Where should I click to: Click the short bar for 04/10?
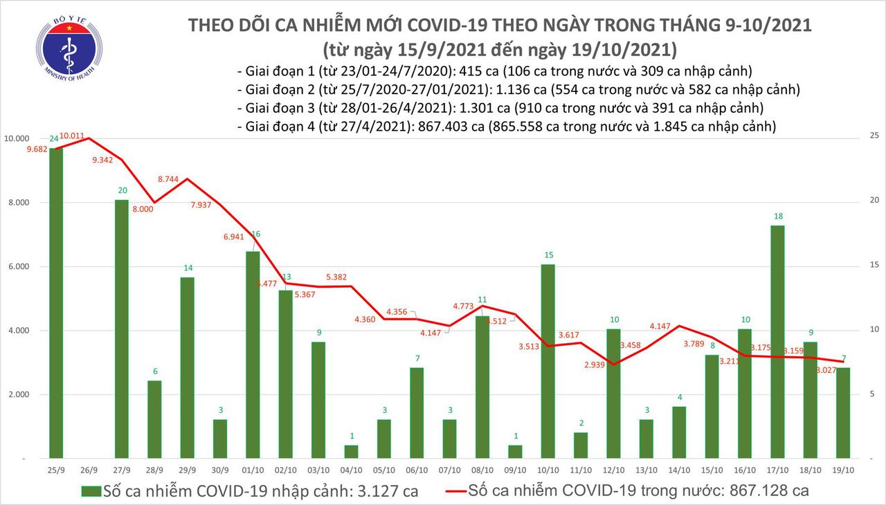352,452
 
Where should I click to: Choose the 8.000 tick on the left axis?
21,203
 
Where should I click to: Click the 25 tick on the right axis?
874,136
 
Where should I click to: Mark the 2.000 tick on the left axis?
21,395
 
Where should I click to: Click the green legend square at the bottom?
91,492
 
